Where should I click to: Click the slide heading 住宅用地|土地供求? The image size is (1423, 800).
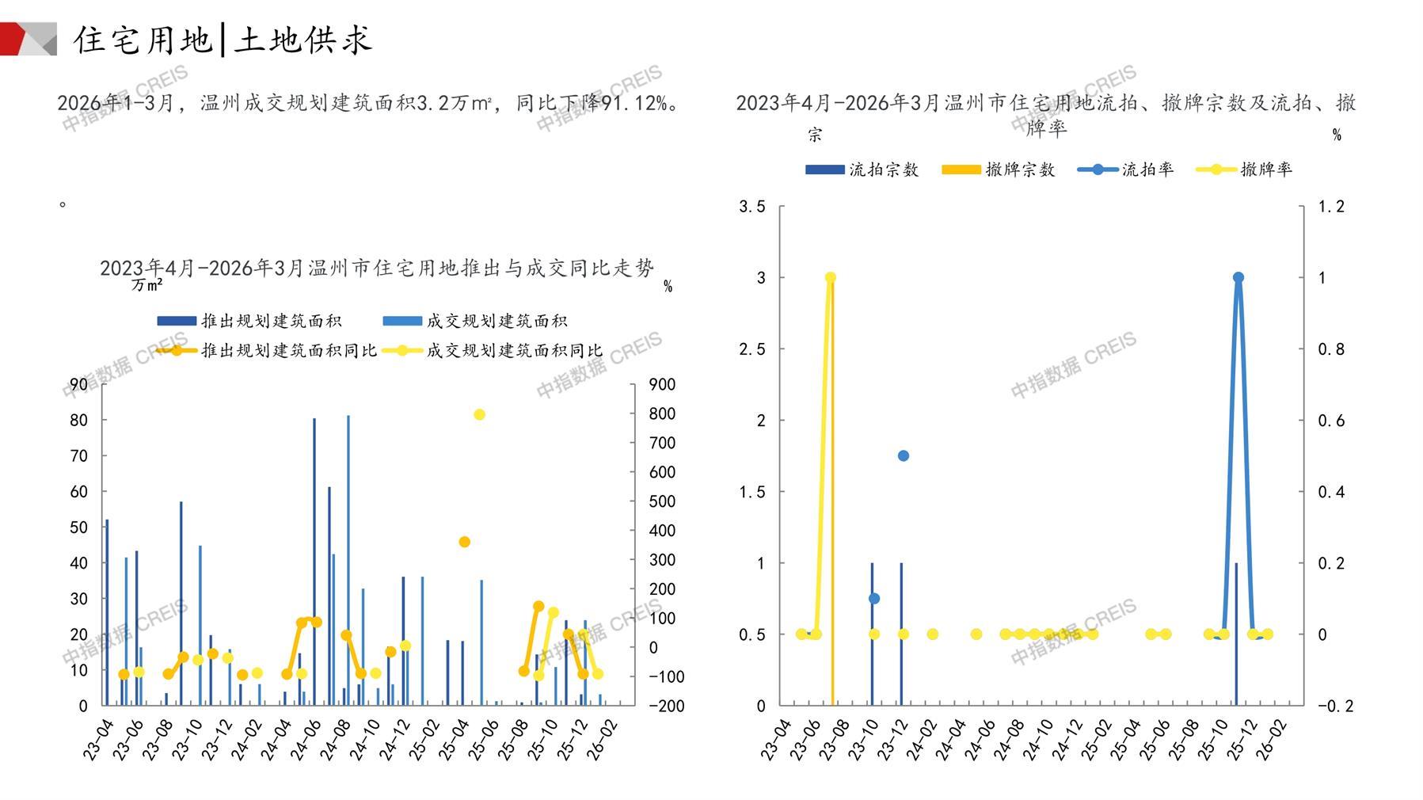click(223, 40)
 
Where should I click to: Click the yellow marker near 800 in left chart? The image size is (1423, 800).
click(479, 414)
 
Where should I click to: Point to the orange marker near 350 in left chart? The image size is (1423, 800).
click(465, 542)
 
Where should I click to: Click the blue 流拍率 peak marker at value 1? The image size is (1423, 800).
click(1238, 277)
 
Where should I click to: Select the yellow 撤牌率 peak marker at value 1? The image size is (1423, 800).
click(831, 277)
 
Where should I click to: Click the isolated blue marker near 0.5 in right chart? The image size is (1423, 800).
click(904, 455)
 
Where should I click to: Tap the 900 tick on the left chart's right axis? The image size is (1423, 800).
click(662, 385)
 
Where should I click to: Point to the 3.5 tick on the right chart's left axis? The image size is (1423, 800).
click(752, 207)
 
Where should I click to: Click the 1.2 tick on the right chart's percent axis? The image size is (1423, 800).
click(1331, 207)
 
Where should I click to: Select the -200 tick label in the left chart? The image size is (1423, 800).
click(666, 706)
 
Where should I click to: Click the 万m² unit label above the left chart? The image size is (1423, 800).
click(147, 284)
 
